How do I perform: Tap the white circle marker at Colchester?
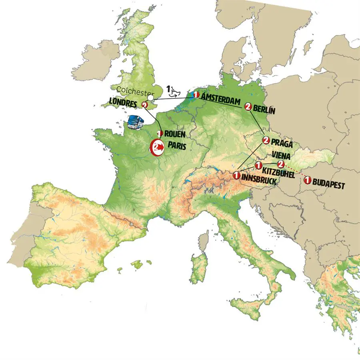coord(150,97)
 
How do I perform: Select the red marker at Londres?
coord(145,104)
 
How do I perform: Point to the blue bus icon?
coord(136,122)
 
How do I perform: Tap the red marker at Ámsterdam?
coord(196,95)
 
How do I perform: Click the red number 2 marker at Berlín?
coord(248,106)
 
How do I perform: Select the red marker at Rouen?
coord(160,133)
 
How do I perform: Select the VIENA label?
coord(285,155)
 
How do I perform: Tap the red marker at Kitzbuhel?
coord(258,165)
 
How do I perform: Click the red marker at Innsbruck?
coord(237,175)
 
